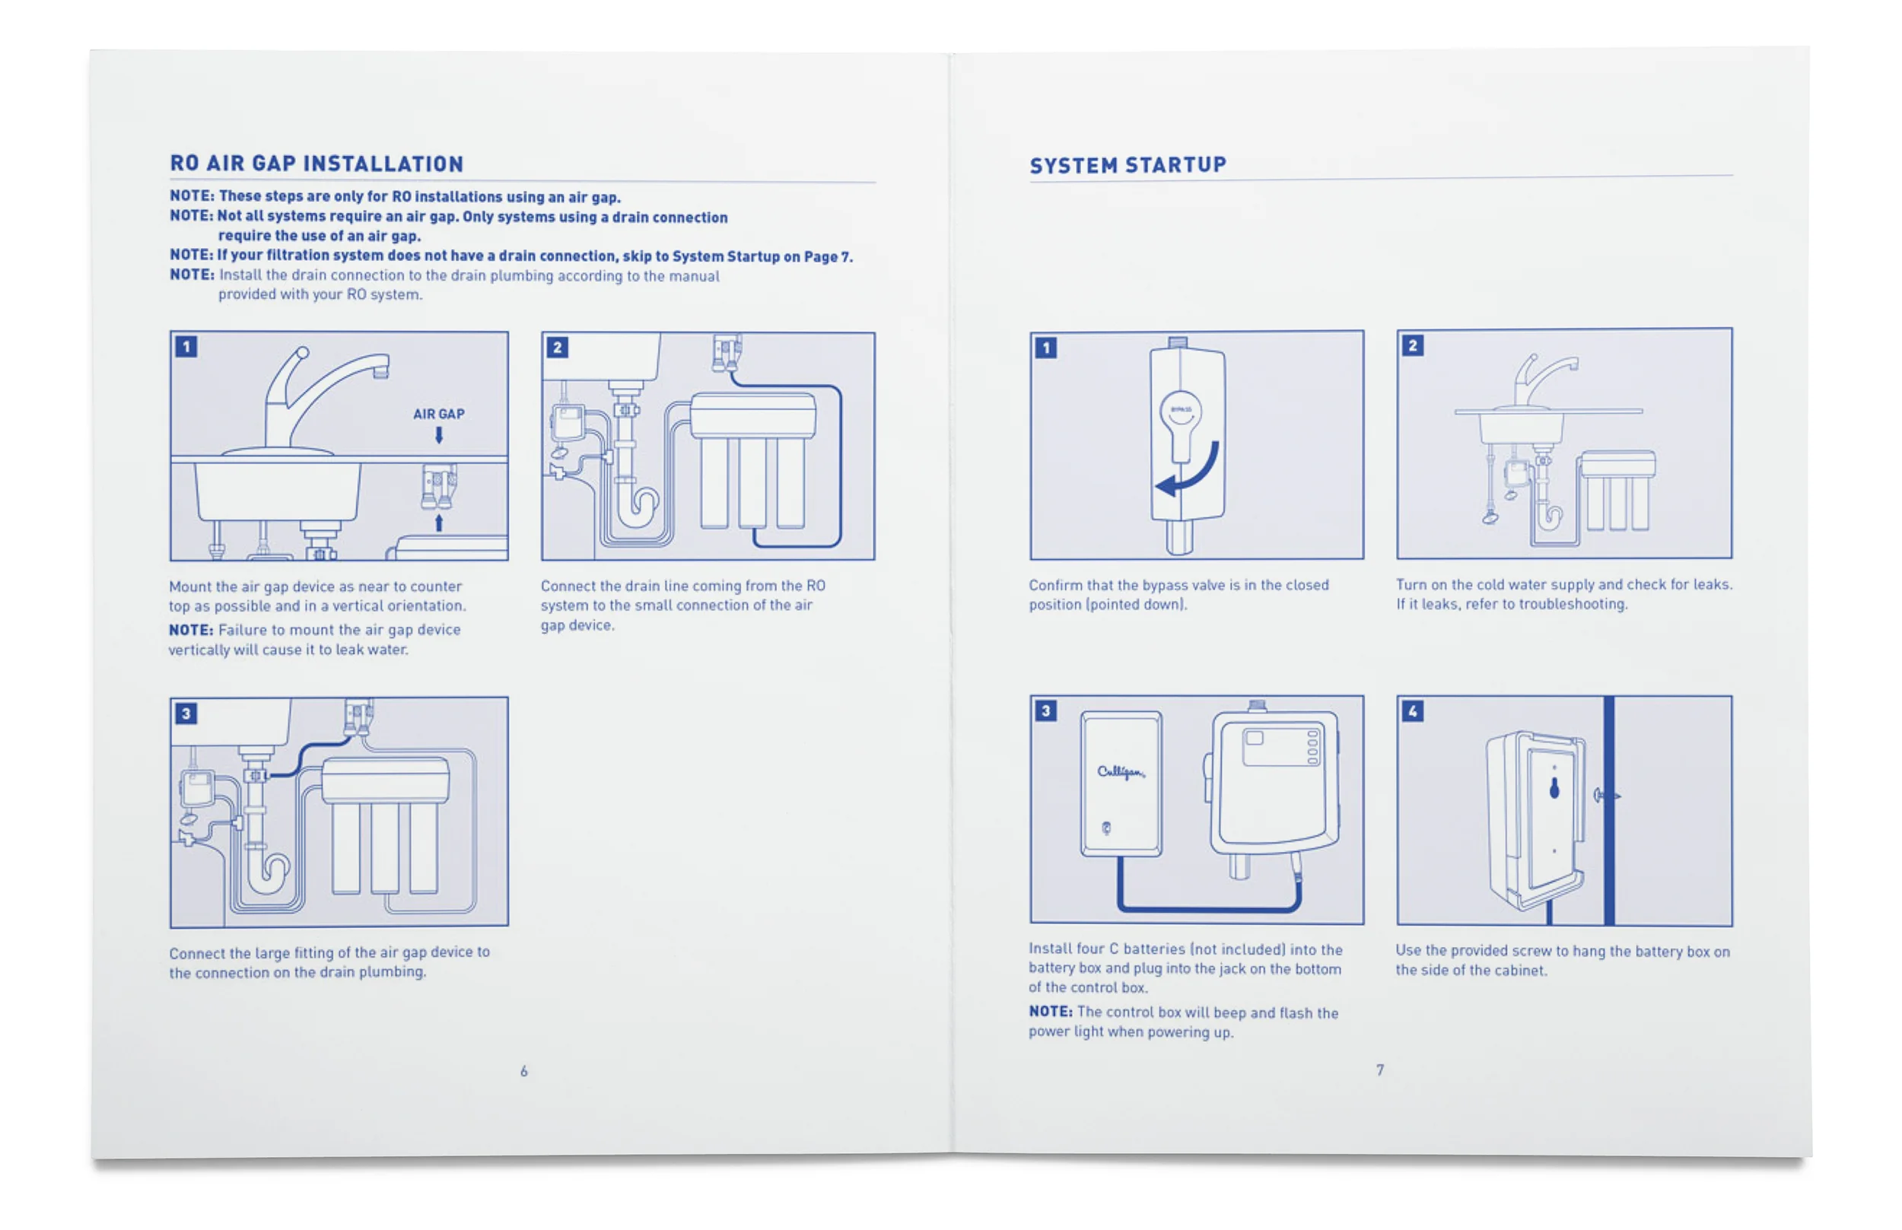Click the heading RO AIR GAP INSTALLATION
coord(316,164)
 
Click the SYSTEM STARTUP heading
coord(1128,165)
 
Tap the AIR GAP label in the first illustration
coord(437,414)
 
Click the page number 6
coord(523,1071)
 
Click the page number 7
coord(1379,1069)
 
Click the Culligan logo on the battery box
coord(1120,771)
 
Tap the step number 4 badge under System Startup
coord(1412,710)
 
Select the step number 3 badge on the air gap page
coord(186,714)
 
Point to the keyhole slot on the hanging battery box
coord(1554,788)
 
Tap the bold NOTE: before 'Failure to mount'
coord(191,630)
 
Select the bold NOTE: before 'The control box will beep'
coord(1051,1011)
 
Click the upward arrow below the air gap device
coord(438,523)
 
